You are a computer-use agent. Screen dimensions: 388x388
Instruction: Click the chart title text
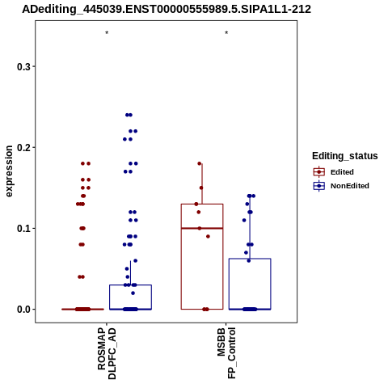point(167,10)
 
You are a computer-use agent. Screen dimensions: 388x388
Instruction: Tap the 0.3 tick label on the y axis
point(23,66)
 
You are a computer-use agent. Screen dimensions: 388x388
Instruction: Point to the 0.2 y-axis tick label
point(23,147)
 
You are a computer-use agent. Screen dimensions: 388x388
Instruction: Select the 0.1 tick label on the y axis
point(23,228)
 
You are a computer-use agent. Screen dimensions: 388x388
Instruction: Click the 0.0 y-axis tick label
point(23,309)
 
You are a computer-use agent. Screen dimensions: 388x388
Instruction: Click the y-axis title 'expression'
point(9,171)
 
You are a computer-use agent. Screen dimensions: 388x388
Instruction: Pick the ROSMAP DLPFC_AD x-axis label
point(107,353)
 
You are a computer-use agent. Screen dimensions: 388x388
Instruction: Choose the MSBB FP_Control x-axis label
point(226,353)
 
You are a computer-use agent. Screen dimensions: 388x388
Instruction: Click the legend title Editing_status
point(345,156)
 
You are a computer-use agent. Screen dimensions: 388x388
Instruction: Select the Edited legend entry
point(334,172)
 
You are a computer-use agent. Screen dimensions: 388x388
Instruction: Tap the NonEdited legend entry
point(341,186)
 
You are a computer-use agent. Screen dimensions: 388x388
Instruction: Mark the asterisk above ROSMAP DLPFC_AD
point(107,33)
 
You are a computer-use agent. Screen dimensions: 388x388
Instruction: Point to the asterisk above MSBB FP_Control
point(226,33)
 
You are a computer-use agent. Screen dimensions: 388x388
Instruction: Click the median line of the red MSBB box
point(202,228)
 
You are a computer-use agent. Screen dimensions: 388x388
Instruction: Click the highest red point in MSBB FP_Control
point(200,163)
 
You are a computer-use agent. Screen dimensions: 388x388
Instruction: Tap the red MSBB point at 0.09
point(208,236)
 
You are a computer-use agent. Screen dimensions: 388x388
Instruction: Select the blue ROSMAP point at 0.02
point(133,293)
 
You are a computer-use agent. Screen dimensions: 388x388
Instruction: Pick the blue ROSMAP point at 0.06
point(136,260)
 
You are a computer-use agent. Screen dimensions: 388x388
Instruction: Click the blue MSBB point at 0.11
point(244,220)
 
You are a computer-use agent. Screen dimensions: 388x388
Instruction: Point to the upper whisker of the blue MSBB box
point(250,227)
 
